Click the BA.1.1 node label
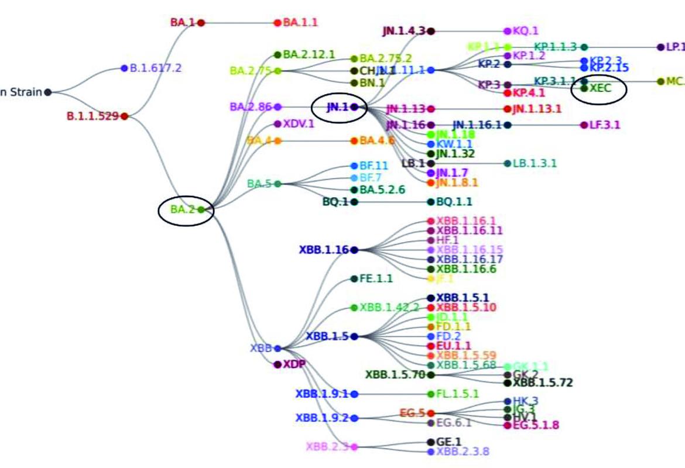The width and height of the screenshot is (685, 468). click(x=300, y=23)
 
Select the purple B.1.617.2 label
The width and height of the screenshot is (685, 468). click(x=155, y=68)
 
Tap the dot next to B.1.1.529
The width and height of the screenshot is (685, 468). click(x=124, y=116)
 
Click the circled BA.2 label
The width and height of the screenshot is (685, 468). click(x=183, y=209)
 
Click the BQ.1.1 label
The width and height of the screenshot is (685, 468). click(x=454, y=202)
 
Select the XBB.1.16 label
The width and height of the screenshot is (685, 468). click(x=324, y=250)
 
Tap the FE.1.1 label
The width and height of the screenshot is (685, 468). click(x=376, y=278)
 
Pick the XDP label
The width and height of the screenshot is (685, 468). click(x=294, y=364)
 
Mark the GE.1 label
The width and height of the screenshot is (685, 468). click(x=449, y=442)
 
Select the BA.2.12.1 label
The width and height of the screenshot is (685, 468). click(x=309, y=55)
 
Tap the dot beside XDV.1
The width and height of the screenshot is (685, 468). click(x=278, y=124)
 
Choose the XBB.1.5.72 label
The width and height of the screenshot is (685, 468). click(x=543, y=383)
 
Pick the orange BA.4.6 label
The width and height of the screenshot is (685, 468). click(x=377, y=141)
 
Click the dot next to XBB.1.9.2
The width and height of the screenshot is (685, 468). click(x=354, y=418)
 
